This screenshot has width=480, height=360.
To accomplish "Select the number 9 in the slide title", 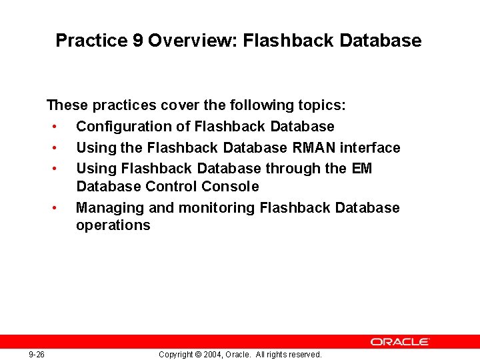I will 136,41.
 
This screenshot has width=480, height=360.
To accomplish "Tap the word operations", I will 113,225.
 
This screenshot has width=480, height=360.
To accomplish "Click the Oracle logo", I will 400,341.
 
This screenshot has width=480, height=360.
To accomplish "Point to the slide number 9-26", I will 37,355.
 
